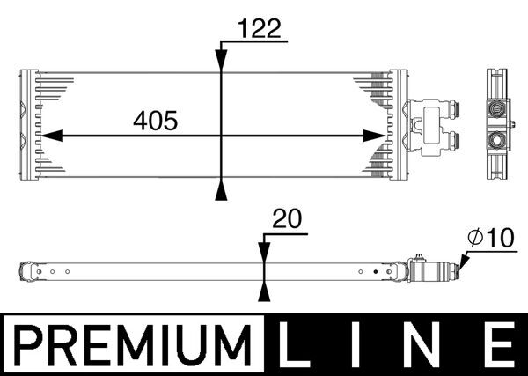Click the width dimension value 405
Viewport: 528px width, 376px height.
154,122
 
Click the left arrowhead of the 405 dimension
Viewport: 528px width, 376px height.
51,136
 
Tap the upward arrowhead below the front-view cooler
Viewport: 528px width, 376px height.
221,193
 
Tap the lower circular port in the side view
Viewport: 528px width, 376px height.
497,141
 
